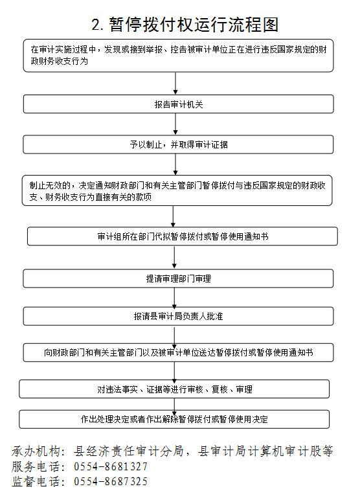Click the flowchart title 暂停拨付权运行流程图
tap(194, 25)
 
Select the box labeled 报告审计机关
tap(179, 104)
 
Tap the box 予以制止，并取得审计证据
tap(178, 144)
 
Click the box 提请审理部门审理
tap(178, 279)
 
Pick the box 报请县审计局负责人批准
tap(178, 316)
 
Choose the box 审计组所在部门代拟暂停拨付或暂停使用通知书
tap(183, 236)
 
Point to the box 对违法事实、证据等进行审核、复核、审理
tap(174, 389)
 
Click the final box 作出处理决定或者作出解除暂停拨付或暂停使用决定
tap(174, 419)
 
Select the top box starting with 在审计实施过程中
tap(178, 56)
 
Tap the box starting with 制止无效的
tap(177, 190)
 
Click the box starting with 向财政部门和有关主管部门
tap(178, 352)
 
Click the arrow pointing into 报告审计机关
tap(175, 84)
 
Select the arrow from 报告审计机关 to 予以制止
tap(175, 124)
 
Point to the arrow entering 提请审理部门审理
tap(174, 257)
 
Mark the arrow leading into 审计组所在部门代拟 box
tap(173, 216)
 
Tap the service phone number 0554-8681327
tap(111, 466)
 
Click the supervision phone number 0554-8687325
tap(111, 481)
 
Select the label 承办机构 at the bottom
tap(36, 451)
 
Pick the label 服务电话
tap(36, 466)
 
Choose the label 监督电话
tap(36, 481)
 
